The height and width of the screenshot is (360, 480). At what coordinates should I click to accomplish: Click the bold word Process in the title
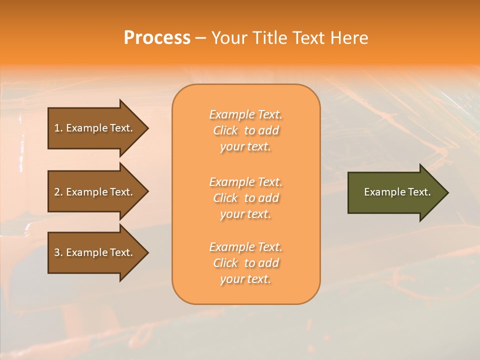[x=157, y=38]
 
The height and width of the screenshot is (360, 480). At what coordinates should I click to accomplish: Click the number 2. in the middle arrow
[x=58, y=192]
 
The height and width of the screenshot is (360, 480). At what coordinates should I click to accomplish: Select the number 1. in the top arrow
[x=58, y=128]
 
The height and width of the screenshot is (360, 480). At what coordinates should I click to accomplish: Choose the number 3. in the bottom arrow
[x=58, y=252]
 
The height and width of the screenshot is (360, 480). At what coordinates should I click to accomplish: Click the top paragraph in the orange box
[x=245, y=130]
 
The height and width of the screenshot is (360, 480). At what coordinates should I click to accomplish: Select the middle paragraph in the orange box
[x=245, y=198]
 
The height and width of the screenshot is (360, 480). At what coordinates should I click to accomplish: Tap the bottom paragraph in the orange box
[x=245, y=263]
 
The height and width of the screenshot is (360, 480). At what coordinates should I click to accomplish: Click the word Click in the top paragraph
[x=225, y=130]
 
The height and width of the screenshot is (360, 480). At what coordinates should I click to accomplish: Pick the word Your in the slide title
[x=227, y=38]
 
